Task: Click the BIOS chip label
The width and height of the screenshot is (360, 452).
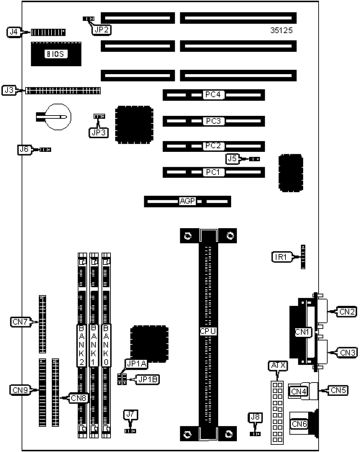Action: pos(56,54)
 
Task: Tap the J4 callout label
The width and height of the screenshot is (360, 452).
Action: pos(14,32)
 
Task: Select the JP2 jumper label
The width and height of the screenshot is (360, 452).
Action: pos(102,30)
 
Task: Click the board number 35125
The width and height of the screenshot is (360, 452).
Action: pos(282,30)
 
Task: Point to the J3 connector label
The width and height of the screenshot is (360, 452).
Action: pos(9,90)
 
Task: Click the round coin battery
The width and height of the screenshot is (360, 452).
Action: pos(59,117)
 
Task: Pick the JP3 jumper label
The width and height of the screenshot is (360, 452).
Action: pos(99,132)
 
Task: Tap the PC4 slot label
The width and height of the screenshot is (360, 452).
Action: pos(213,94)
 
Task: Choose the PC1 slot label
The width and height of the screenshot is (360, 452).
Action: pos(213,173)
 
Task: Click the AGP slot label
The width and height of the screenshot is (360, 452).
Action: pos(187,201)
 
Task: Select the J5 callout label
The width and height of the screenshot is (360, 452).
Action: pos(233,158)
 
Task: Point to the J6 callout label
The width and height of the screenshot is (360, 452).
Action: pos(24,149)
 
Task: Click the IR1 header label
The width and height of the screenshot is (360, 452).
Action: pos(280,257)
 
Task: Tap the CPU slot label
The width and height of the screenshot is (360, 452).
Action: pos(208,332)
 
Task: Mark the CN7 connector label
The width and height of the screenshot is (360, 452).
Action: pos(20,322)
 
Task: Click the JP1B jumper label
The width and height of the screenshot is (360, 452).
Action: pos(148,379)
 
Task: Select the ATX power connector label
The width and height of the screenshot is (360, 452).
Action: pos(278,366)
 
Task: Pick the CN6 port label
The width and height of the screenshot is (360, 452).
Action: pos(299,424)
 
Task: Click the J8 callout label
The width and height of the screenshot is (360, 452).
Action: pos(256,417)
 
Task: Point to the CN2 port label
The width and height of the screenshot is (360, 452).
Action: pos(347,312)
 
